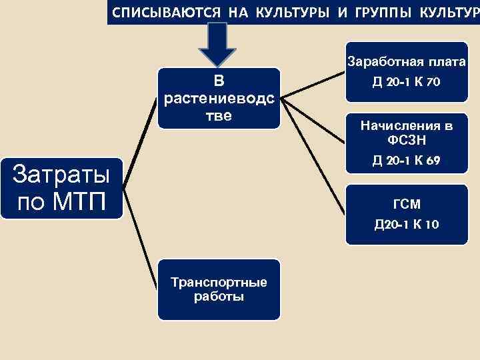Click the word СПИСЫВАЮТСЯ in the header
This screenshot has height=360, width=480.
tap(149, 13)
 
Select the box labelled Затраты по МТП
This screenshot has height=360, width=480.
tap(62, 188)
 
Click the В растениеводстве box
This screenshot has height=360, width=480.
tap(219, 98)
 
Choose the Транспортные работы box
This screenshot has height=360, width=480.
tap(219, 289)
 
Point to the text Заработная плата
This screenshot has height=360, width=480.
tap(407, 63)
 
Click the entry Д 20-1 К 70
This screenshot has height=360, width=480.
tap(407, 82)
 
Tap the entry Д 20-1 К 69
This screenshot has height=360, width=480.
tap(407, 161)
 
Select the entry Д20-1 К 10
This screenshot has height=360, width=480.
tap(407, 224)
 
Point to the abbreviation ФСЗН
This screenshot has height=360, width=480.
tap(407, 141)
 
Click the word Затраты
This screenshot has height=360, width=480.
tap(62, 175)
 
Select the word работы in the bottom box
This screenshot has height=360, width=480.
tap(219, 297)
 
